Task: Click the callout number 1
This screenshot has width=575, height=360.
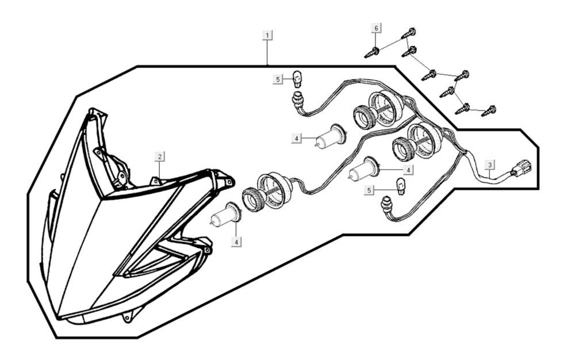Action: click(x=267, y=35)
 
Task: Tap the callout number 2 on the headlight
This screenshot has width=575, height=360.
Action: click(x=160, y=156)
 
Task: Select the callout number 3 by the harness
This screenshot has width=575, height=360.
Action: click(x=489, y=165)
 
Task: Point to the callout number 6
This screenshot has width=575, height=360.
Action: click(x=377, y=28)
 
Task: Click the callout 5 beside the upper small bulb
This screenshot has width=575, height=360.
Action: click(x=278, y=79)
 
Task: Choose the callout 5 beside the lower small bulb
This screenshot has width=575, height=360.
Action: click(x=369, y=189)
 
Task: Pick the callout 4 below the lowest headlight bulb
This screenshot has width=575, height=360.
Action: click(x=236, y=242)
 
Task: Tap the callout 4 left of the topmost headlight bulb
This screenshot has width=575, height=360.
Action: click(x=296, y=139)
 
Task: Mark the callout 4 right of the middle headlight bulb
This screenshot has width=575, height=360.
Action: click(x=408, y=170)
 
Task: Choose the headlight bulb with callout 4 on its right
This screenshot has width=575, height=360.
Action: click(x=365, y=171)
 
